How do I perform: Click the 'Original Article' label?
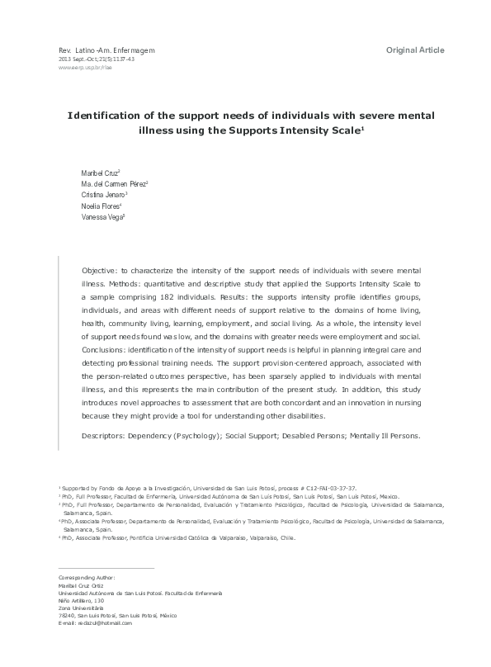415,50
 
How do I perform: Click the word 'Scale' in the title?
338,130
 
